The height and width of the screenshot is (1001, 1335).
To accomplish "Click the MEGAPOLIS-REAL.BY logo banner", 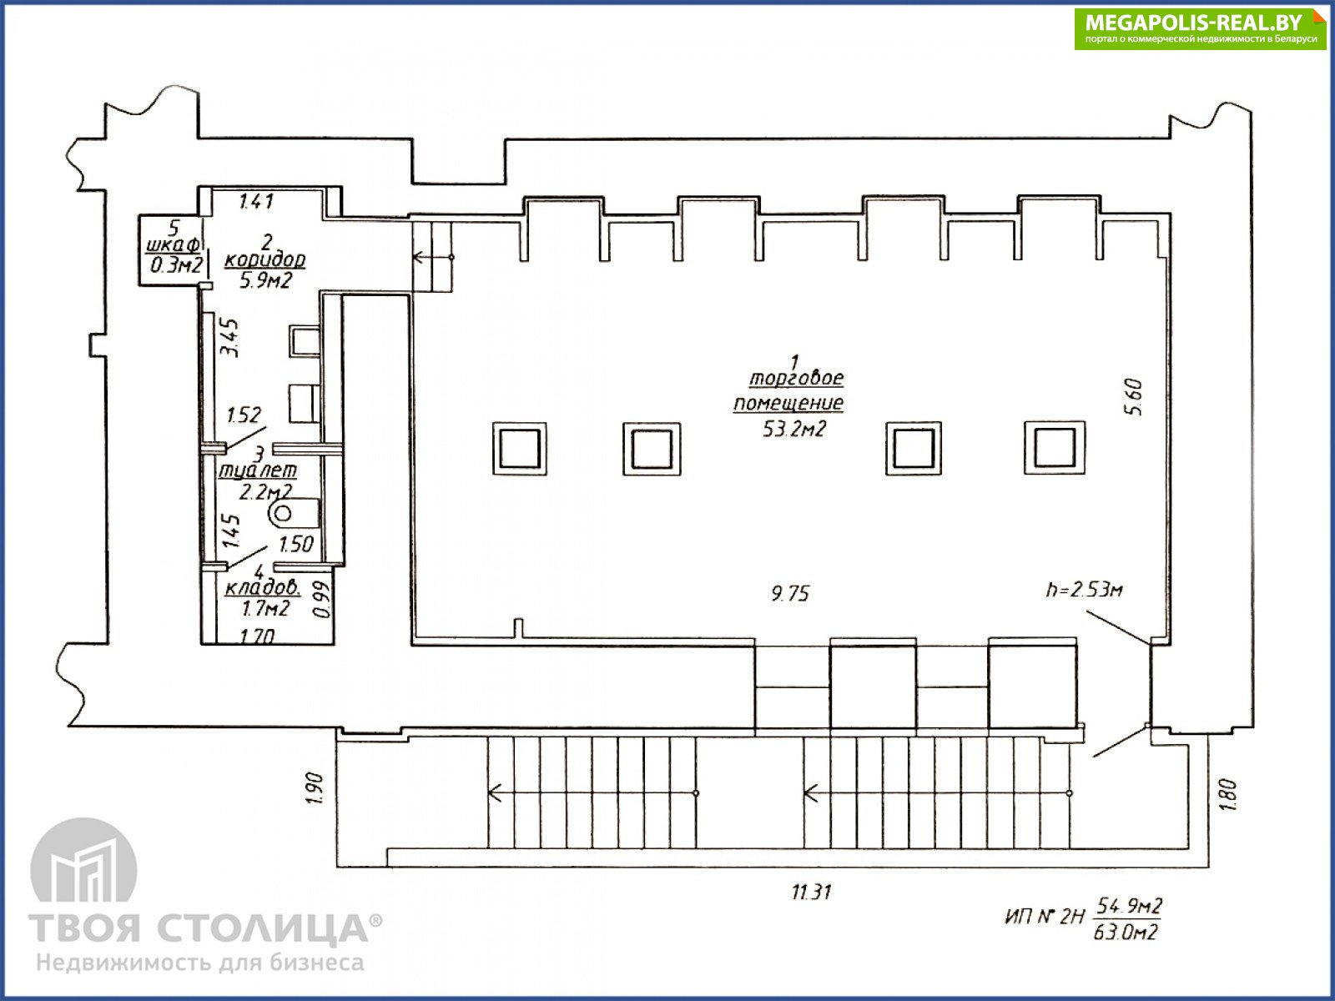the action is tap(1199, 28).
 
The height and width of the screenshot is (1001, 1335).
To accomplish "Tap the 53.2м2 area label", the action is tap(794, 429).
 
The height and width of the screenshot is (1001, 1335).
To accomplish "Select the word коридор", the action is tap(265, 259).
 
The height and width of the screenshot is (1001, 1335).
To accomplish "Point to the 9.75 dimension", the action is tap(790, 593).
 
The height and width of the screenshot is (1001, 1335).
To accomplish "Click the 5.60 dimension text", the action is tap(1134, 397).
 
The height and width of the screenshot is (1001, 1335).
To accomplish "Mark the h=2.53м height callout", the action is tap(1084, 589).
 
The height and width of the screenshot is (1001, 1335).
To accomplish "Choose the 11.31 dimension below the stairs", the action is tap(811, 893).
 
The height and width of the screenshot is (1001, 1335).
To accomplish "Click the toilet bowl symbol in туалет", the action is tap(295, 514).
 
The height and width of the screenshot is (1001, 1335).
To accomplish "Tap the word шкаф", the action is tap(174, 245).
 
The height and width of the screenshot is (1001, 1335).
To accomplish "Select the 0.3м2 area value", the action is tap(176, 265).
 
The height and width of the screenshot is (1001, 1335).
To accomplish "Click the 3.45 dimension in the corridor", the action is tap(230, 338).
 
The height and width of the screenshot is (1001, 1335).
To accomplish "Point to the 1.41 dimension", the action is tap(256, 201).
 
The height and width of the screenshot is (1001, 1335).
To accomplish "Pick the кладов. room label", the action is tap(263, 588).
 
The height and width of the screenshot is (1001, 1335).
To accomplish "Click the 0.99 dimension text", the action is tap(322, 600).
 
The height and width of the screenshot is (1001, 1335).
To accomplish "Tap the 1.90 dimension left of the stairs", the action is tap(315, 788).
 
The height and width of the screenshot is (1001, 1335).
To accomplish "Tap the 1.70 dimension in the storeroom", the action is tap(257, 636).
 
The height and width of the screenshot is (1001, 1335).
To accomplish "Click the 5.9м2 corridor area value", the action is tap(266, 280).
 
